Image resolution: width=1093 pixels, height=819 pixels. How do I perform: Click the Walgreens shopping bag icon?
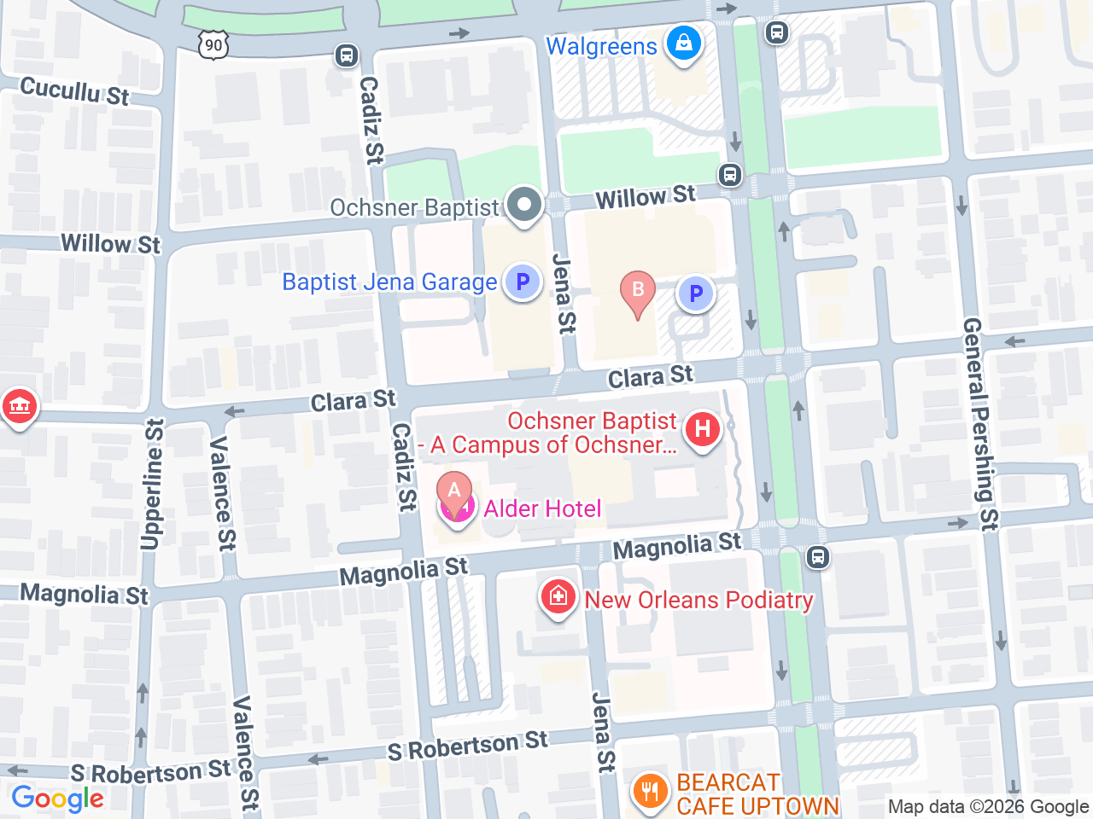point(683,42)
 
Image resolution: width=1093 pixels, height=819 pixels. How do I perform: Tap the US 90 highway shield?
point(213,44)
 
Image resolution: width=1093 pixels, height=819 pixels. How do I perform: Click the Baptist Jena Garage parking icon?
point(523,282)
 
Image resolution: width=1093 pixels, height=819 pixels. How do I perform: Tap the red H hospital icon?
point(703,428)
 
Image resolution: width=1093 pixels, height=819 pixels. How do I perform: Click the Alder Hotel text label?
point(543,509)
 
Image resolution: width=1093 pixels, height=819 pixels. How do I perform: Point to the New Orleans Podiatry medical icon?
point(558,596)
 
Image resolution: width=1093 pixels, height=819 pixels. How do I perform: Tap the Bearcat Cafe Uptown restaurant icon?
point(650,791)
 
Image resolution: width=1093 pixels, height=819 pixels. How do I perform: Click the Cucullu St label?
point(74,90)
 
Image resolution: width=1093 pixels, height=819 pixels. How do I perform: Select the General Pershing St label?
point(980,424)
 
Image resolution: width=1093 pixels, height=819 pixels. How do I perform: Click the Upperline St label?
point(152,484)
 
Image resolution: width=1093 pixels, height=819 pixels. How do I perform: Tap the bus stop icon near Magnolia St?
point(817,558)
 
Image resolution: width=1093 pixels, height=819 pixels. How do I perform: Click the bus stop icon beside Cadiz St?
point(346,56)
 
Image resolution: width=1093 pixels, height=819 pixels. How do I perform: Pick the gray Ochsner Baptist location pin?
point(524,206)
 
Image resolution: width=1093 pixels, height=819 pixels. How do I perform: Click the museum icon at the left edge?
point(19,405)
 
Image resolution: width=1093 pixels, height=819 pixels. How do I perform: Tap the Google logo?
point(57,799)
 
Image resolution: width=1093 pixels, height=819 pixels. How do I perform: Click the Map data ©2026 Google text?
point(988,807)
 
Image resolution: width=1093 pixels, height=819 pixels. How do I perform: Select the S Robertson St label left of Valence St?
point(150,772)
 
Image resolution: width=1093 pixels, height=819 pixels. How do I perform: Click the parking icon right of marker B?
point(696,293)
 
